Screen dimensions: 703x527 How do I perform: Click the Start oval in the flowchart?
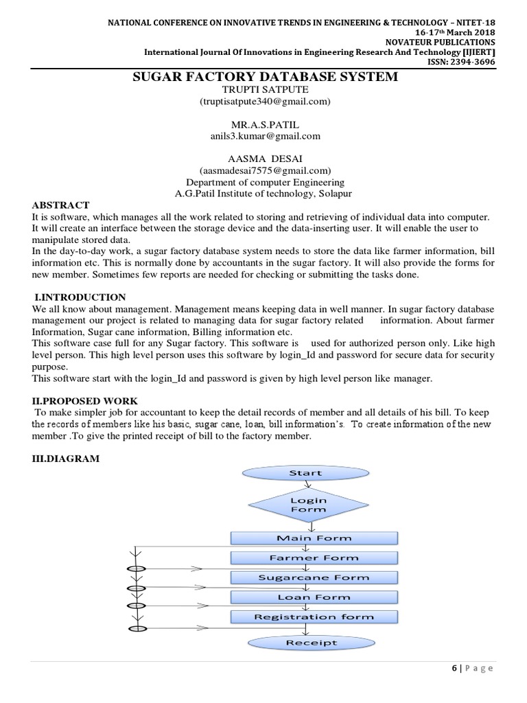305,473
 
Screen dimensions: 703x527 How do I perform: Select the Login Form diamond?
308,505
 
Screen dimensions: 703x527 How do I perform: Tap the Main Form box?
313,538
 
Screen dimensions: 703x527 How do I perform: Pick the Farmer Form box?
313,558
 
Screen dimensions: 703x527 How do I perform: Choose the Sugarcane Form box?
313,577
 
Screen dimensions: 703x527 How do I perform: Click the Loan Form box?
313,597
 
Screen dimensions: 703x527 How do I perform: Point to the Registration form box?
313,616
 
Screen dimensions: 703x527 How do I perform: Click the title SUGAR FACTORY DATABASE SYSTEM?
265,77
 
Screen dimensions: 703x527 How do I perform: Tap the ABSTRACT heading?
60,205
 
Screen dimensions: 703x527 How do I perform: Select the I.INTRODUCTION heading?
80,297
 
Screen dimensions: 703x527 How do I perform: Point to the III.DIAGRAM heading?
67,459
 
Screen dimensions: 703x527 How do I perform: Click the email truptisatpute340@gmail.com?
265,102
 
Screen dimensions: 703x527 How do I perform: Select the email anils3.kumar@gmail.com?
265,136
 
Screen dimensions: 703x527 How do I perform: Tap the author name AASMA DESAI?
265,159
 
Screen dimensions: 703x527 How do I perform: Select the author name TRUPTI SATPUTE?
265,90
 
